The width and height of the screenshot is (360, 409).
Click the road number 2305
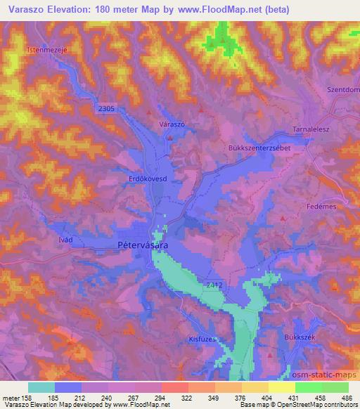click(106, 108)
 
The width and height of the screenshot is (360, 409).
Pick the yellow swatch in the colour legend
click(281, 387)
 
